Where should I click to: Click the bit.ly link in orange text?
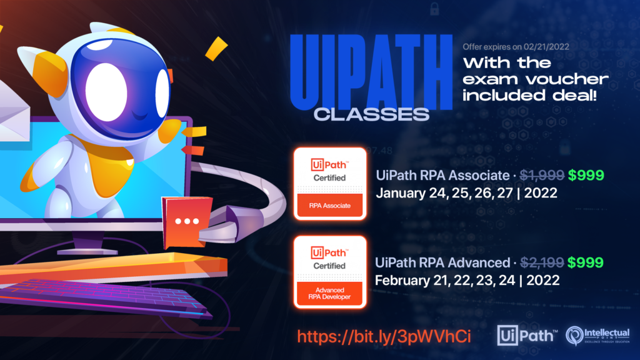click(x=384, y=337)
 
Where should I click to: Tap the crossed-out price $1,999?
click(x=542, y=176)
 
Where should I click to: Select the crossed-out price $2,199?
click(x=542, y=263)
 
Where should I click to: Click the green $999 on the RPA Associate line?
click(x=586, y=176)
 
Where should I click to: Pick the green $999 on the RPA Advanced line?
click(x=585, y=263)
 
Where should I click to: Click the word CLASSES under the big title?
click(x=371, y=115)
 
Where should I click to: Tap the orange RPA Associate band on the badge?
click(x=330, y=205)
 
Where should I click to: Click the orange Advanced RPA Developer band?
click(x=330, y=293)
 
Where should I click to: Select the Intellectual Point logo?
click(x=597, y=336)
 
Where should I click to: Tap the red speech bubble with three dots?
click(x=187, y=222)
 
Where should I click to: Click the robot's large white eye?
click(x=106, y=92)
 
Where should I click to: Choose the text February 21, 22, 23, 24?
click(x=445, y=281)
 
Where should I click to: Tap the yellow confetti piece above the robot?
click(x=216, y=48)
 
